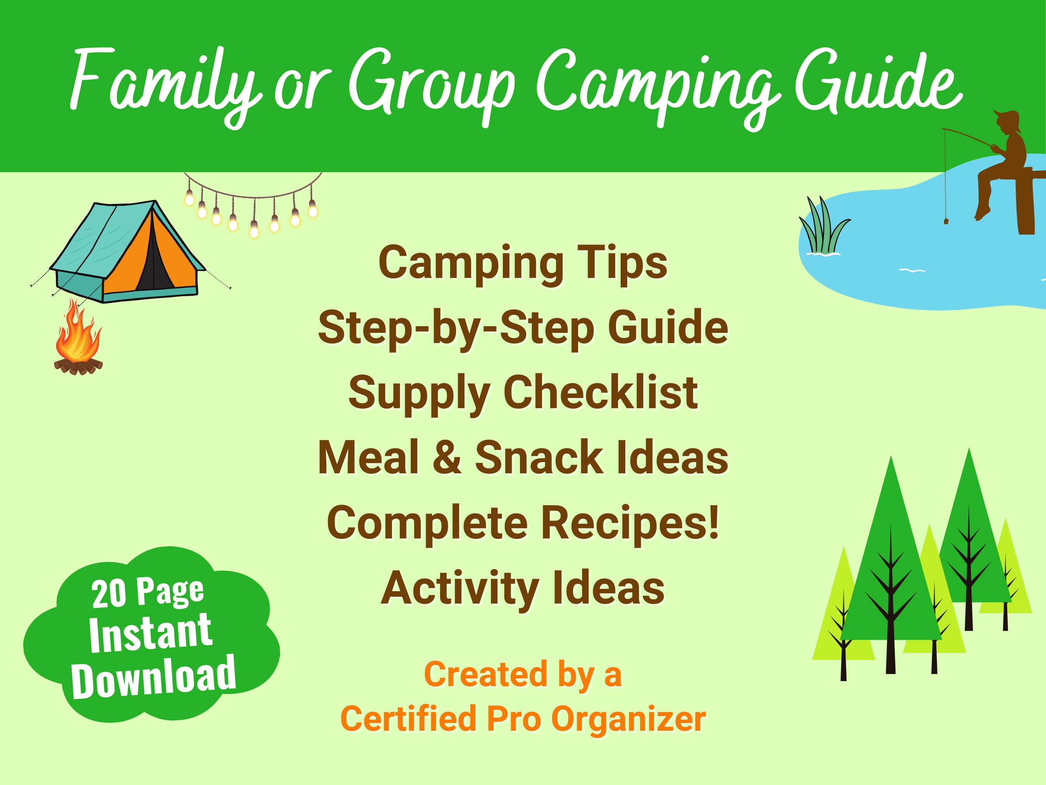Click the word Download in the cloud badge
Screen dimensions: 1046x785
(x=154, y=678)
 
